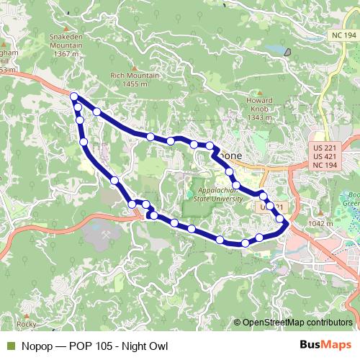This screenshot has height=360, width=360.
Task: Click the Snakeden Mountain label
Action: click(x=65, y=38)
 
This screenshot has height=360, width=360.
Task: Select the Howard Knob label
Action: click(x=258, y=102)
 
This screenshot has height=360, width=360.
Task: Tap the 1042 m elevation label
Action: click(x=320, y=224)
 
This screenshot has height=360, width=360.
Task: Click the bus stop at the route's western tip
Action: click(x=74, y=96)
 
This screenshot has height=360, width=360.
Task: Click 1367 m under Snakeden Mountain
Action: click(x=65, y=53)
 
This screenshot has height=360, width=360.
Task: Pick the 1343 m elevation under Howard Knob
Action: click(x=258, y=117)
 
